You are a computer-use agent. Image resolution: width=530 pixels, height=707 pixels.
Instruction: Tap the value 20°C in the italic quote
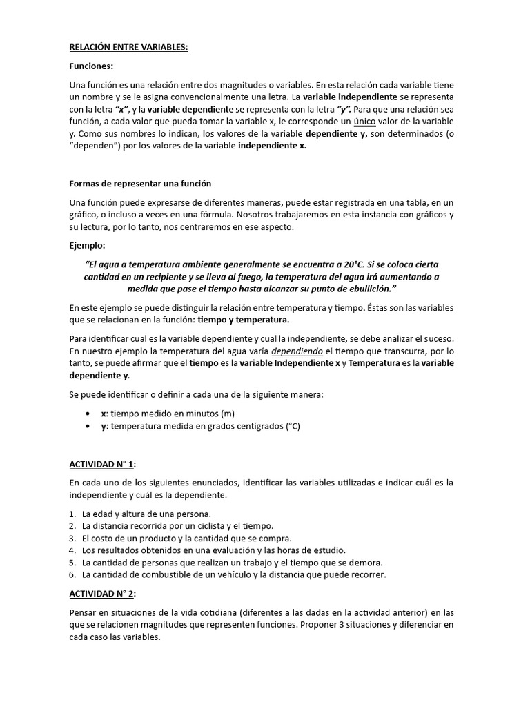[x=375, y=264]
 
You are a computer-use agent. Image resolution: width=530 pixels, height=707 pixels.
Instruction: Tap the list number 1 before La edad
[x=73, y=514]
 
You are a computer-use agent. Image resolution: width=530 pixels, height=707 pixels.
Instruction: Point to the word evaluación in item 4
[x=256, y=550]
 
